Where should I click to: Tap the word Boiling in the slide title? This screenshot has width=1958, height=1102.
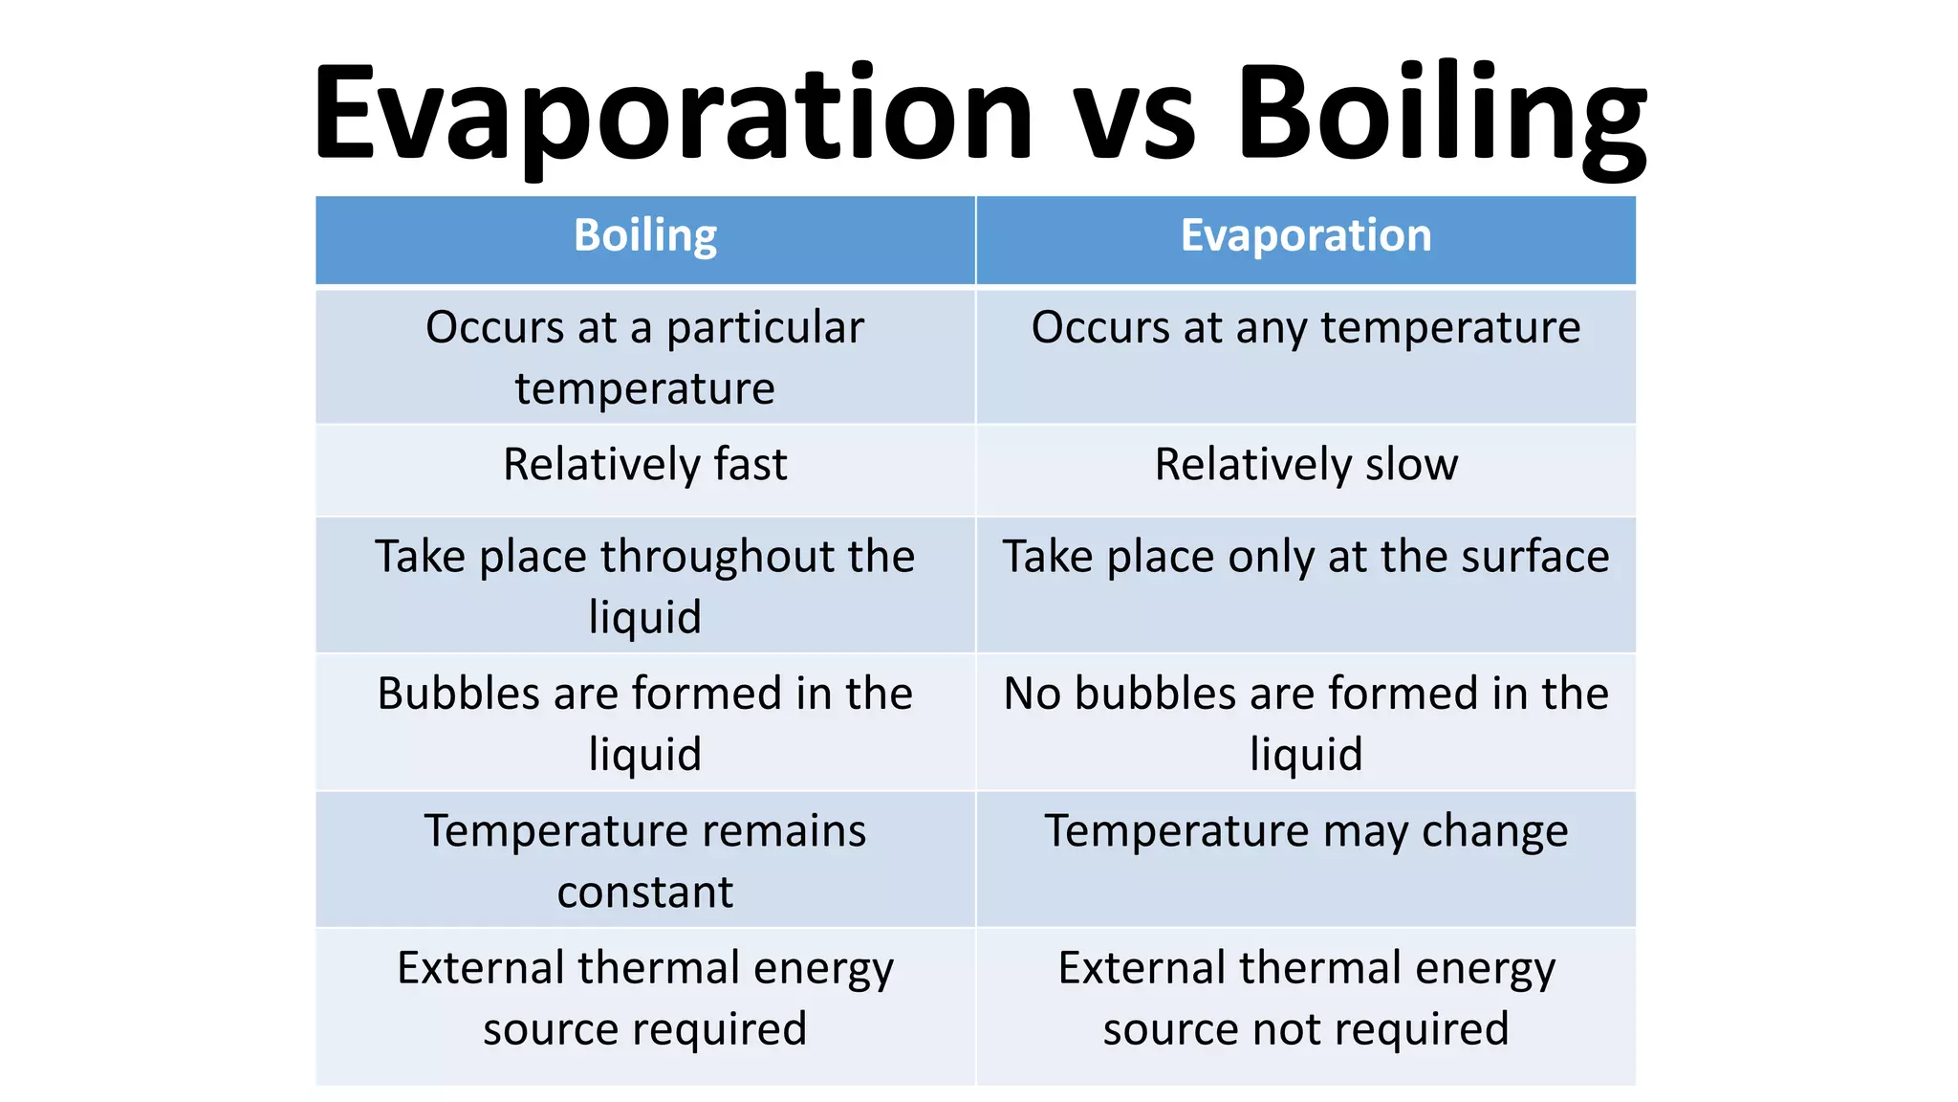click(1441, 115)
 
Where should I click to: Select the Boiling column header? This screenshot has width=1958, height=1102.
click(645, 236)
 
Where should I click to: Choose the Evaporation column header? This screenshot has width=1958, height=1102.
click(1306, 236)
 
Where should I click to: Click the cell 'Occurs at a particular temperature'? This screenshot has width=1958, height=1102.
click(645, 357)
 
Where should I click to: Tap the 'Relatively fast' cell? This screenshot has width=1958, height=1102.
click(645, 465)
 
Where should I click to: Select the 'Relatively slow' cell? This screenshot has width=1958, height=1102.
click(1306, 465)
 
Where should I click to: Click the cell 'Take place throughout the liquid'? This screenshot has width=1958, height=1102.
click(645, 585)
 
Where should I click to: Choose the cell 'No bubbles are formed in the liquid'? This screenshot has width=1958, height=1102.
click(1306, 723)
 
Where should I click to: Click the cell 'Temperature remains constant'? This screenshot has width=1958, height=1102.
click(645, 860)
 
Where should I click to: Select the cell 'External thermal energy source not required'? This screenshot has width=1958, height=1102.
click(1306, 999)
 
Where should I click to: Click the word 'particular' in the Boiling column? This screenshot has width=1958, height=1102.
click(765, 328)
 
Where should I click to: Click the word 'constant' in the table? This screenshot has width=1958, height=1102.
click(645, 893)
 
